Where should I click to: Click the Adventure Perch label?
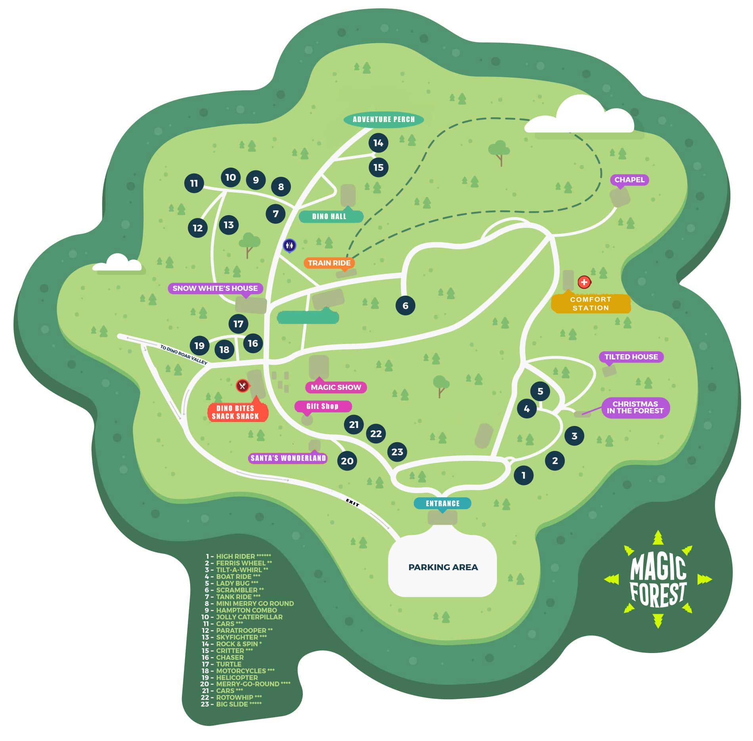click(383, 119)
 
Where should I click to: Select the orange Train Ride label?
click(329, 263)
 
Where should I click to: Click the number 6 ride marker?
click(405, 306)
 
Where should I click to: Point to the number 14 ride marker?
click(378, 143)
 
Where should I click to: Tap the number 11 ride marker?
click(194, 183)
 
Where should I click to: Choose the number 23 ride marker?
click(397, 452)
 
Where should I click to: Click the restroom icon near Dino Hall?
click(290, 246)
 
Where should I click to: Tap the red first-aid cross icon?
click(584, 282)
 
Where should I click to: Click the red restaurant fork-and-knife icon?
click(242, 386)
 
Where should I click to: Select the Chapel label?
click(629, 180)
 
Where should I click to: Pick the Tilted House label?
click(631, 357)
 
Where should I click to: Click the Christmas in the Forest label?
click(635, 407)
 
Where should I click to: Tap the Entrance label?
click(442, 503)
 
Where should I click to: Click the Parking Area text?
click(443, 567)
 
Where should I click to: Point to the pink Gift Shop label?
click(323, 406)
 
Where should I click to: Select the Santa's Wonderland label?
click(288, 458)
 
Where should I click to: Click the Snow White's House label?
click(215, 288)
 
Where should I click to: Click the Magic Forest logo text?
click(658, 581)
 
